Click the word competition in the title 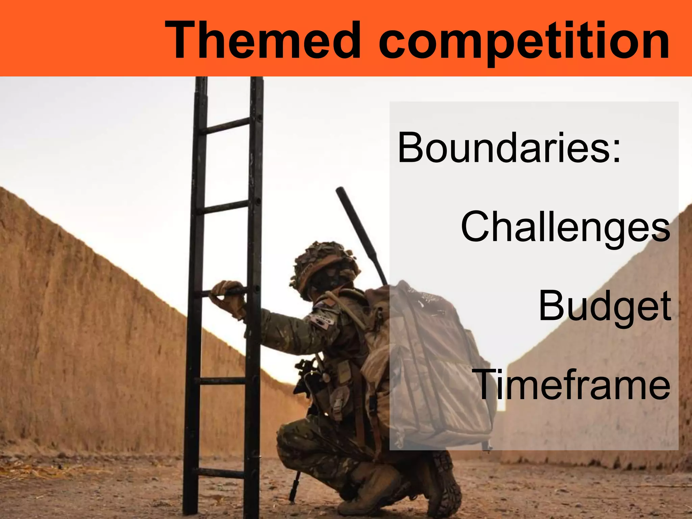pyautogui.click(x=524, y=42)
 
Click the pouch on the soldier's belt pyautogui.click(x=338, y=405)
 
